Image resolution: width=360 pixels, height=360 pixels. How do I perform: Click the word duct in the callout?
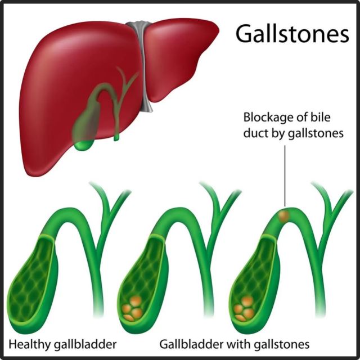[x=255, y=134]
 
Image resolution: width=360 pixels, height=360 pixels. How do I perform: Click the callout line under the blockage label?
[x=286, y=174]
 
